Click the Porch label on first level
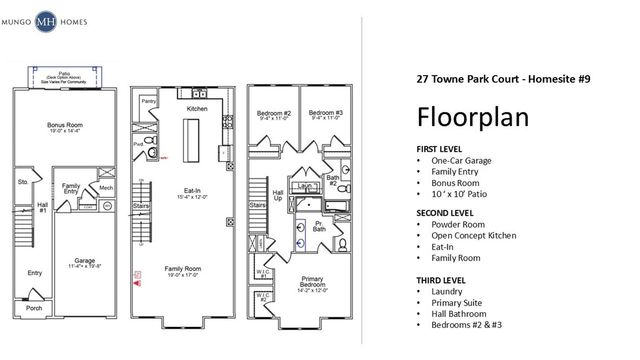[35, 308]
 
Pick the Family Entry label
[71, 189]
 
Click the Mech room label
[106, 187]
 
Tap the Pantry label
[148, 101]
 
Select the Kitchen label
[196, 107]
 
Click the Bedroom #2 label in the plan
[273, 114]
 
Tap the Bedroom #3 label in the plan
[325, 114]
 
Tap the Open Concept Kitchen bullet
[474, 235]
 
